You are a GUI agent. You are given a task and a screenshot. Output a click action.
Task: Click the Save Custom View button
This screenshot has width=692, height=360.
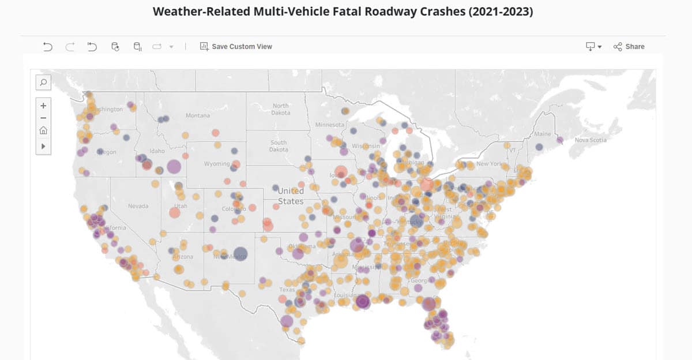coord(236,47)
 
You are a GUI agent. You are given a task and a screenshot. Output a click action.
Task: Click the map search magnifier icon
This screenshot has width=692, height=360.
coord(43,82)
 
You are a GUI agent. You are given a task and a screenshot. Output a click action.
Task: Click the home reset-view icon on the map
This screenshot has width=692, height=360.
coord(43,131)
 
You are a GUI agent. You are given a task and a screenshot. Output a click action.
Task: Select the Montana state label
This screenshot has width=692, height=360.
coord(198,116)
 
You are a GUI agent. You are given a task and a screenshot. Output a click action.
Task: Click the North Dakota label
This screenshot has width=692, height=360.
coord(280,109)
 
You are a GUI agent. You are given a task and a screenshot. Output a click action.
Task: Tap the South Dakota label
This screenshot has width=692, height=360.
coord(279,146)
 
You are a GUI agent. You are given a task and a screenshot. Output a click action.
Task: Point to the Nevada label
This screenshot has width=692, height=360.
coord(138,207)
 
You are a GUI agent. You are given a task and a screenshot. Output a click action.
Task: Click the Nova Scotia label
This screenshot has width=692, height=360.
coord(591,140)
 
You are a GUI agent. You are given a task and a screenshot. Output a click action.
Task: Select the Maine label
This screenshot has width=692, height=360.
coord(543,134)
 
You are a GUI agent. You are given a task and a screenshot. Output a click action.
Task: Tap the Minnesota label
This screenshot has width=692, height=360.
coord(329,125)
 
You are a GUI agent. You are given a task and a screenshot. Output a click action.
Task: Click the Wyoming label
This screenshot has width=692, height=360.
coord(217,164)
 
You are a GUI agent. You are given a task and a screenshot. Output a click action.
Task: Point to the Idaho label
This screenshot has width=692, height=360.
coord(157,151)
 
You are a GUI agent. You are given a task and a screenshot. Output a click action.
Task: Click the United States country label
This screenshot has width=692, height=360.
coord(291,196)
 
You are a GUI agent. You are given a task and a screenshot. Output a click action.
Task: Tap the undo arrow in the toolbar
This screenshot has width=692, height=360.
coord(48,47)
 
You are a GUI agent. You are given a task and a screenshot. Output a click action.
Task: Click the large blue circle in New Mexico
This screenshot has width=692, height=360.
coord(240,254)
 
